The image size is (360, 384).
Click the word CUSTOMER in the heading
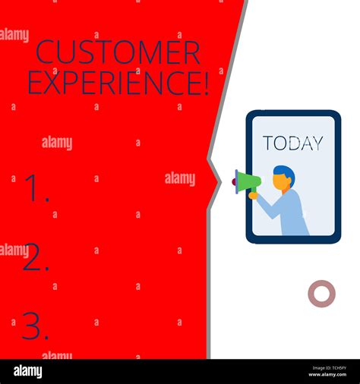(x=118, y=53)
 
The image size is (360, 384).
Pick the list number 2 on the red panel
(x=35, y=259)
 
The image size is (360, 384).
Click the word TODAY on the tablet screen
(x=292, y=143)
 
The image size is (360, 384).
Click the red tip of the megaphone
(x=233, y=181)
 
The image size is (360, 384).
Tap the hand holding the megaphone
(x=254, y=195)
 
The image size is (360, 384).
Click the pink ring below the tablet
(x=321, y=294)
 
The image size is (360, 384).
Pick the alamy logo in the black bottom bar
(x=28, y=372)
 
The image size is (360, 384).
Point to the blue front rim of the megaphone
(x=237, y=181)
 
